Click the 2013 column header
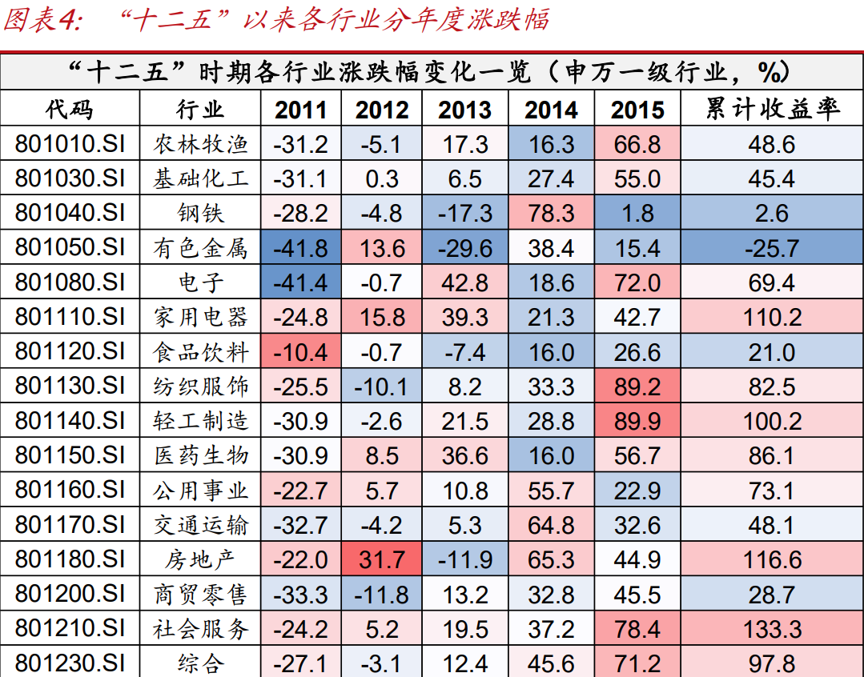point(464,110)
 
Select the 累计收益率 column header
point(772,110)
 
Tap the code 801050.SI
point(70,248)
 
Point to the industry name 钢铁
point(201,214)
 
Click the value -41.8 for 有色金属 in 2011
point(300,248)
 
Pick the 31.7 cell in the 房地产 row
point(382,559)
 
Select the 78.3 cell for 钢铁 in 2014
point(552,214)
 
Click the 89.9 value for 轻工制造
point(637,421)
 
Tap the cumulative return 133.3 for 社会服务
point(772,628)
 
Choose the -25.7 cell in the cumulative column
point(772,248)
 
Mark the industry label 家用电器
point(201,317)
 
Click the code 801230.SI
point(70,663)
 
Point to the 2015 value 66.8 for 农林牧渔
point(637,144)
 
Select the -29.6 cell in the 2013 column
point(464,248)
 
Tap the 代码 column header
point(70,110)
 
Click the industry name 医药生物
point(201,455)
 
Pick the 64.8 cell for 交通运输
point(552,525)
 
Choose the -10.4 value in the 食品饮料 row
point(300,352)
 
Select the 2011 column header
point(300,110)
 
